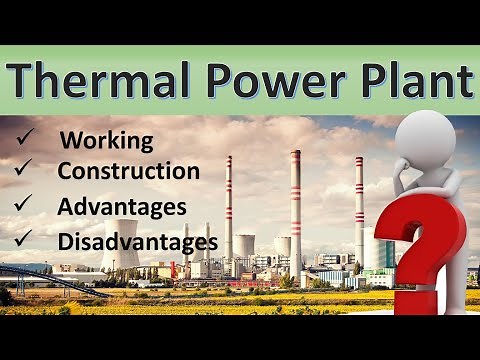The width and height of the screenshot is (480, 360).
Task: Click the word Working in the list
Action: (x=107, y=141)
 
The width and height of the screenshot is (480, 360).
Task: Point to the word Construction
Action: (x=128, y=171)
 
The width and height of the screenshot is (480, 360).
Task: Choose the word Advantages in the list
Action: (x=122, y=207)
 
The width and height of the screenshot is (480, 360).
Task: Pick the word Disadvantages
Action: (x=138, y=241)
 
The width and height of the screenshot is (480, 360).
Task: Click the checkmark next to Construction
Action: (x=27, y=169)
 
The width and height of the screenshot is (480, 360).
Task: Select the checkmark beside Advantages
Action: (x=27, y=205)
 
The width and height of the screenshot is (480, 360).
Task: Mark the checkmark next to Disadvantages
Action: (x=27, y=239)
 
